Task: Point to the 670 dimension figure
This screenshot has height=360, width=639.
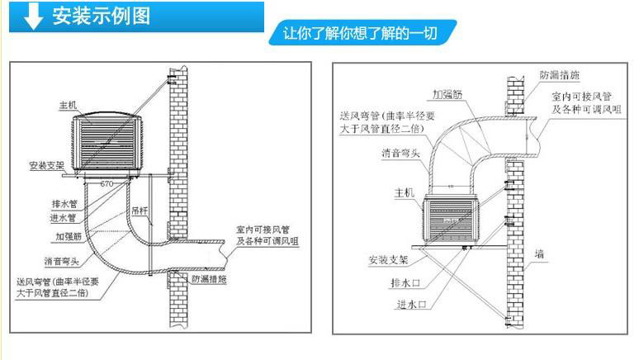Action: pyautogui.click(x=107, y=183)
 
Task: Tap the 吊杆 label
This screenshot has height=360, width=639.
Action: pyautogui.click(x=140, y=211)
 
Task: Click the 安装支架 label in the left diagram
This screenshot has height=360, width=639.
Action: pyautogui.click(x=46, y=166)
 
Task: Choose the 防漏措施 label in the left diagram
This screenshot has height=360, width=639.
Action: pyautogui.click(x=208, y=279)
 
